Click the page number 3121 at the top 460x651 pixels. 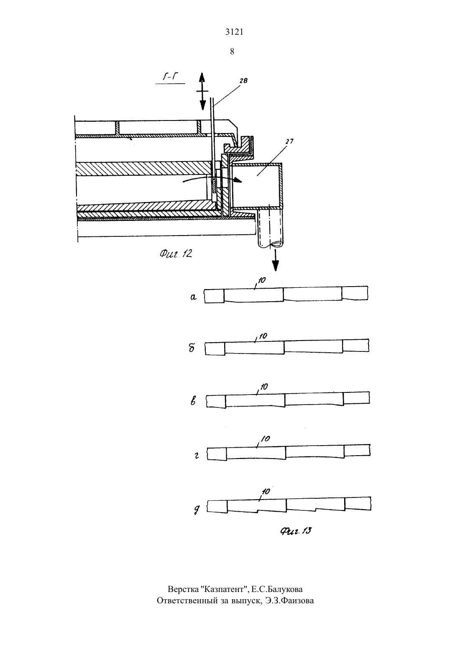(234, 32)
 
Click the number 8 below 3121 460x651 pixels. (232, 51)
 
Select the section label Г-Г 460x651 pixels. (171, 77)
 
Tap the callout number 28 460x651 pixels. (243, 80)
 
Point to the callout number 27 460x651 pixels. (289, 141)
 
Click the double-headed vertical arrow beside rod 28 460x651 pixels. (202, 91)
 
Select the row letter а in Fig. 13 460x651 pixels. (193, 297)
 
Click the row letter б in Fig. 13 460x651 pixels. (192, 348)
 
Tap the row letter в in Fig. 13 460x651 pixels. (193, 401)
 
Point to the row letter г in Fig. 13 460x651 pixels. (197, 456)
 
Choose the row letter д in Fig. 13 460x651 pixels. (197, 510)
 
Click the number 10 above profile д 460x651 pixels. (266, 492)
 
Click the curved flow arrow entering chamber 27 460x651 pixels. (212, 179)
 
